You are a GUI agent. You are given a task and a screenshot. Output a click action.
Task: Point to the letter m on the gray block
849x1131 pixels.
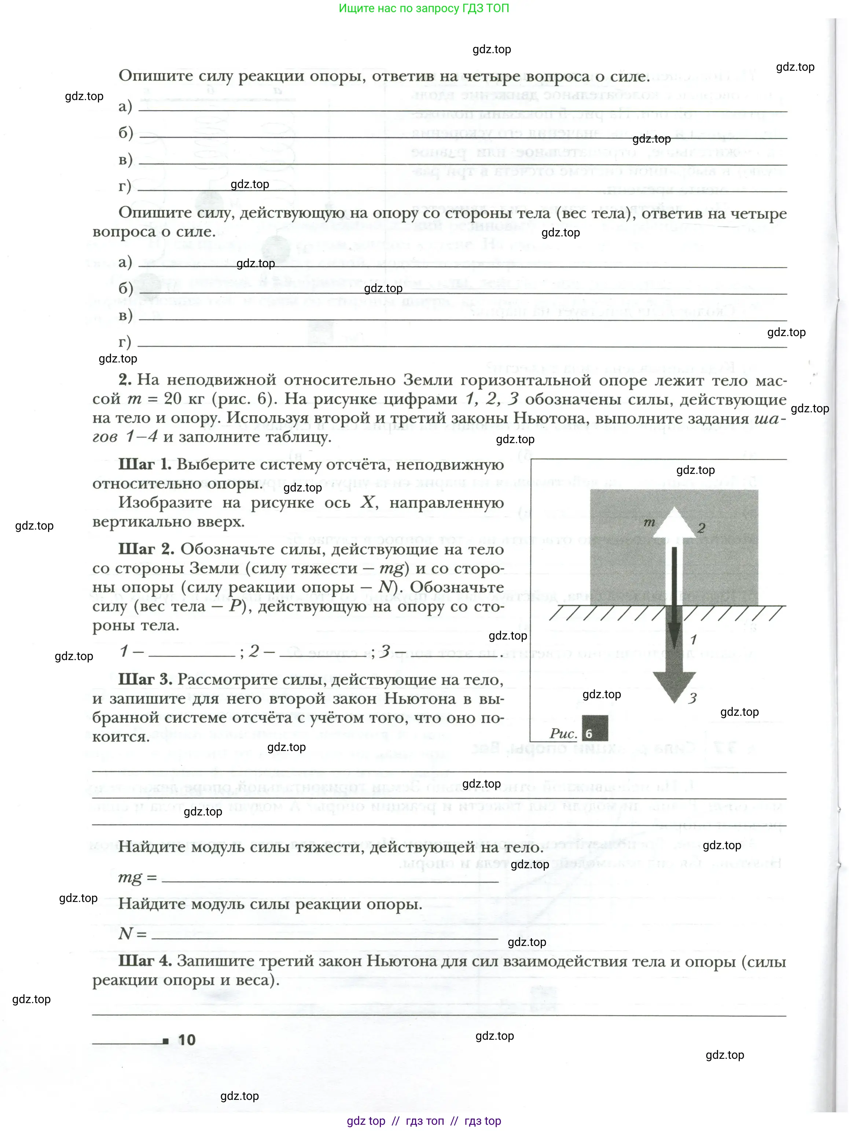649,522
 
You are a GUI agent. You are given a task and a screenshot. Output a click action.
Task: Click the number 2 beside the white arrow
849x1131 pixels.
701,528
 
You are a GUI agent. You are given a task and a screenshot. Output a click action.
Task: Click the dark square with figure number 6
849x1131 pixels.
595,728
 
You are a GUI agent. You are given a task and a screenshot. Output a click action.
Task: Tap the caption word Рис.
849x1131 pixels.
563,734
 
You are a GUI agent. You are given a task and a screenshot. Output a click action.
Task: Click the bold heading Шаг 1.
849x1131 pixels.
145,464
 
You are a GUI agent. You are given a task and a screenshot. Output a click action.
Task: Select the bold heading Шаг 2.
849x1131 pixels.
146,549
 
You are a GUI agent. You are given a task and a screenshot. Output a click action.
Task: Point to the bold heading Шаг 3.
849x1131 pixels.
145,679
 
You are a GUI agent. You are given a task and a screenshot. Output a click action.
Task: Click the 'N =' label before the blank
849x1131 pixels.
132,933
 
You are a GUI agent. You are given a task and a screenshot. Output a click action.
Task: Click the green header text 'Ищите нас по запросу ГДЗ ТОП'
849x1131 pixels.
424,8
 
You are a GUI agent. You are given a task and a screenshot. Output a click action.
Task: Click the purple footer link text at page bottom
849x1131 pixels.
424,1121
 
